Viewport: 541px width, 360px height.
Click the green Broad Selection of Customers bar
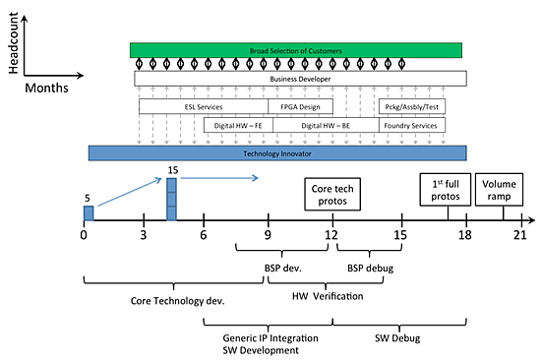click(296, 49)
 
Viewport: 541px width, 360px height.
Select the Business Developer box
click(300, 78)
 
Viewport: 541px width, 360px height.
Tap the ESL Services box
click(203, 106)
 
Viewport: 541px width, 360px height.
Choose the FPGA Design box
click(300, 106)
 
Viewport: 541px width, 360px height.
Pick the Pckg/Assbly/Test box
click(412, 106)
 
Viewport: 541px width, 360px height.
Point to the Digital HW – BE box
click(325, 125)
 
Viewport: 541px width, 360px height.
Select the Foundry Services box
click(412, 125)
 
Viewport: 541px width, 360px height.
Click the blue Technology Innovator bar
click(276, 153)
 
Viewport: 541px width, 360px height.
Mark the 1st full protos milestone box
click(439, 189)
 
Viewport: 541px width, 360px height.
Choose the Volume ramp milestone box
click(497, 189)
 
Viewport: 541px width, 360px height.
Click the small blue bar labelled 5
click(89, 212)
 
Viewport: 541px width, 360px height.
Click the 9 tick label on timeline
click(268, 234)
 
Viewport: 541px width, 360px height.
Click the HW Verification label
click(326, 296)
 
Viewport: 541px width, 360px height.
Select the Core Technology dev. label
click(178, 301)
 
